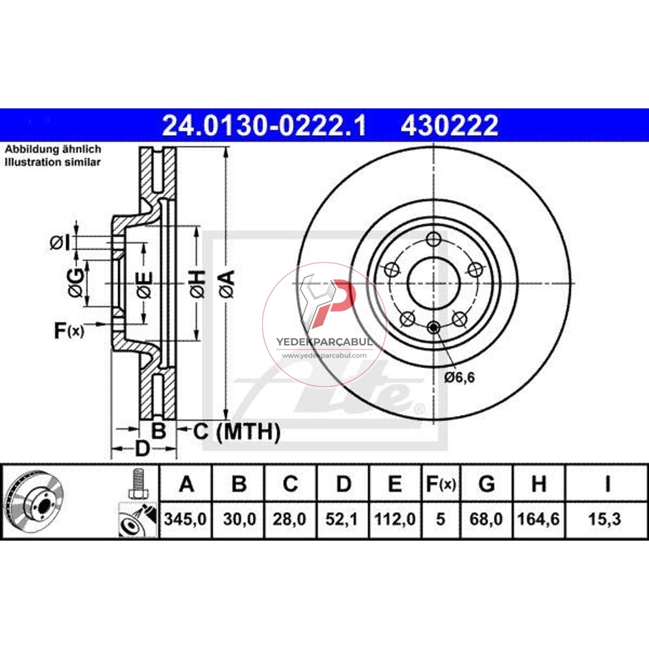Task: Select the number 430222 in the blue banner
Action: coord(450,125)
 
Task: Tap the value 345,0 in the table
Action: coord(186,519)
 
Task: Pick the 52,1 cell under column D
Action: coord(344,519)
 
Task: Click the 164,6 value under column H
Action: coord(538,519)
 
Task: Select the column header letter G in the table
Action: coord(486,484)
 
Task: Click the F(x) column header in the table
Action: coord(441,484)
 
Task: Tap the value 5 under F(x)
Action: coord(441,519)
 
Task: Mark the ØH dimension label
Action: coord(199,284)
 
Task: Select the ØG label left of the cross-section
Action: coord(75,283)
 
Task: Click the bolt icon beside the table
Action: coord(137,484)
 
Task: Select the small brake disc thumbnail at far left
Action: coord(33,501)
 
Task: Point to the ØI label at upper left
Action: coord(58,243)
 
